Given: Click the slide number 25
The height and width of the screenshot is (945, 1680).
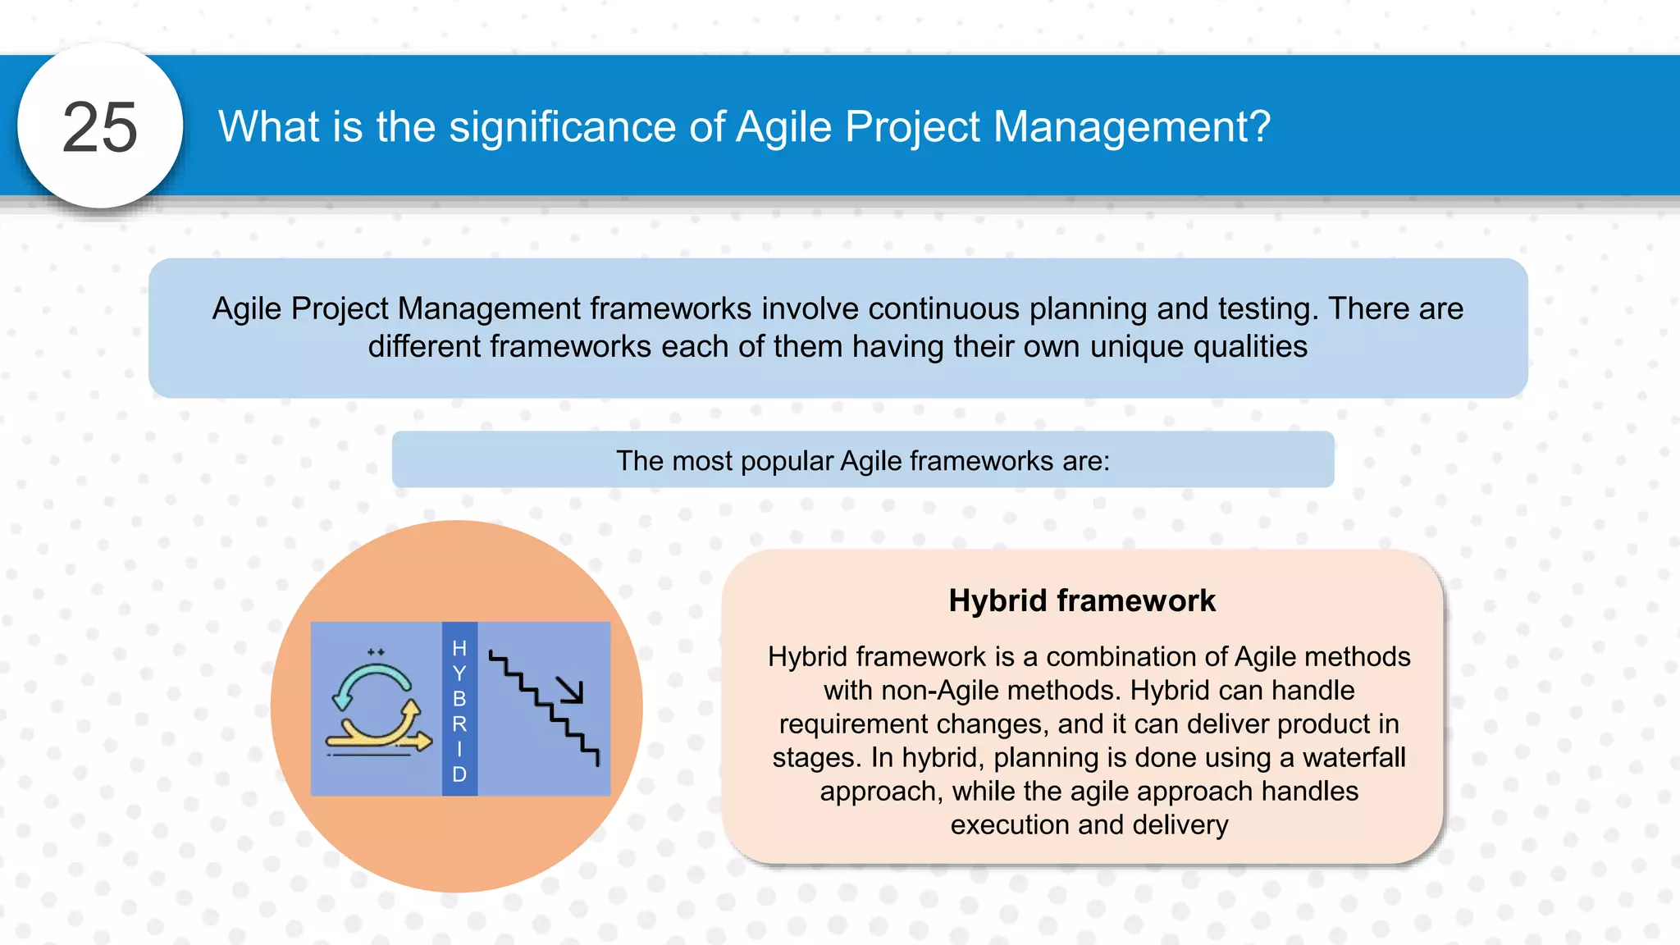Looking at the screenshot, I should (x=100, y=127).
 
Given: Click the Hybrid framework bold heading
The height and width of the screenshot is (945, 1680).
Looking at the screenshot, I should (x=1081, y=600).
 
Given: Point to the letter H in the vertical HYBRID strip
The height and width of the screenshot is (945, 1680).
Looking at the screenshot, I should (x=459, y=648).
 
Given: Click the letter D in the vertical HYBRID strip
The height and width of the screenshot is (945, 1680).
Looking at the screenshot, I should (x=459, y=774).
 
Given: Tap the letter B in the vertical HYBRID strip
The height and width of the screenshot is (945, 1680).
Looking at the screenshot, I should (x=459, y=699).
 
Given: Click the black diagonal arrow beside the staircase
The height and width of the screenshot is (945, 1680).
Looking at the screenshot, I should (x=570, y=690).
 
